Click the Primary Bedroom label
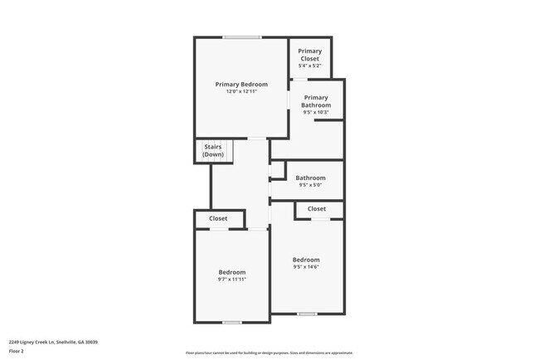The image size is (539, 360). tap(241, 85)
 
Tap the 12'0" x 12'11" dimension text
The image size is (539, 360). tap(241, 92)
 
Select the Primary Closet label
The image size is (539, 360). tap(310, 55)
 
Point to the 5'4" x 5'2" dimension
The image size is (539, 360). tap(310, 66)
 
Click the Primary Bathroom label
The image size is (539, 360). tap(316, 101)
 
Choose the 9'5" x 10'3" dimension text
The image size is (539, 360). tap(316, 112)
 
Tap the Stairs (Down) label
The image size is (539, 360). tap(213, 150)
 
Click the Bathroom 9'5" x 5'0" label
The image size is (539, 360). tap(311, 181)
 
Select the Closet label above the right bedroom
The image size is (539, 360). tap(317, 209)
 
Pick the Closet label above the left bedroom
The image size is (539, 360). tap(218, 219)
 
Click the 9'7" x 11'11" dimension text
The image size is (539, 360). tap(232, 280)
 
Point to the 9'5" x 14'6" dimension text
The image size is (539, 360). tap(306, 267)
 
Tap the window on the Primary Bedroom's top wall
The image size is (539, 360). tap(241, 37)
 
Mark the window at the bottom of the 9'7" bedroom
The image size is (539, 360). tap(232, 322)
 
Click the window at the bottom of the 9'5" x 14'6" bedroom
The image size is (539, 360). tap(307, 314)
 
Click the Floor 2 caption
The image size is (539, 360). tap(17, 351)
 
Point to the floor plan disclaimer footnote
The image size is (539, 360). tap(269, 353)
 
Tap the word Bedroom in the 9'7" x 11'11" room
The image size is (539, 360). tap(232, 272)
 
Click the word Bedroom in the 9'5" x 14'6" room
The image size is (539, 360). tap(306, 260)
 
